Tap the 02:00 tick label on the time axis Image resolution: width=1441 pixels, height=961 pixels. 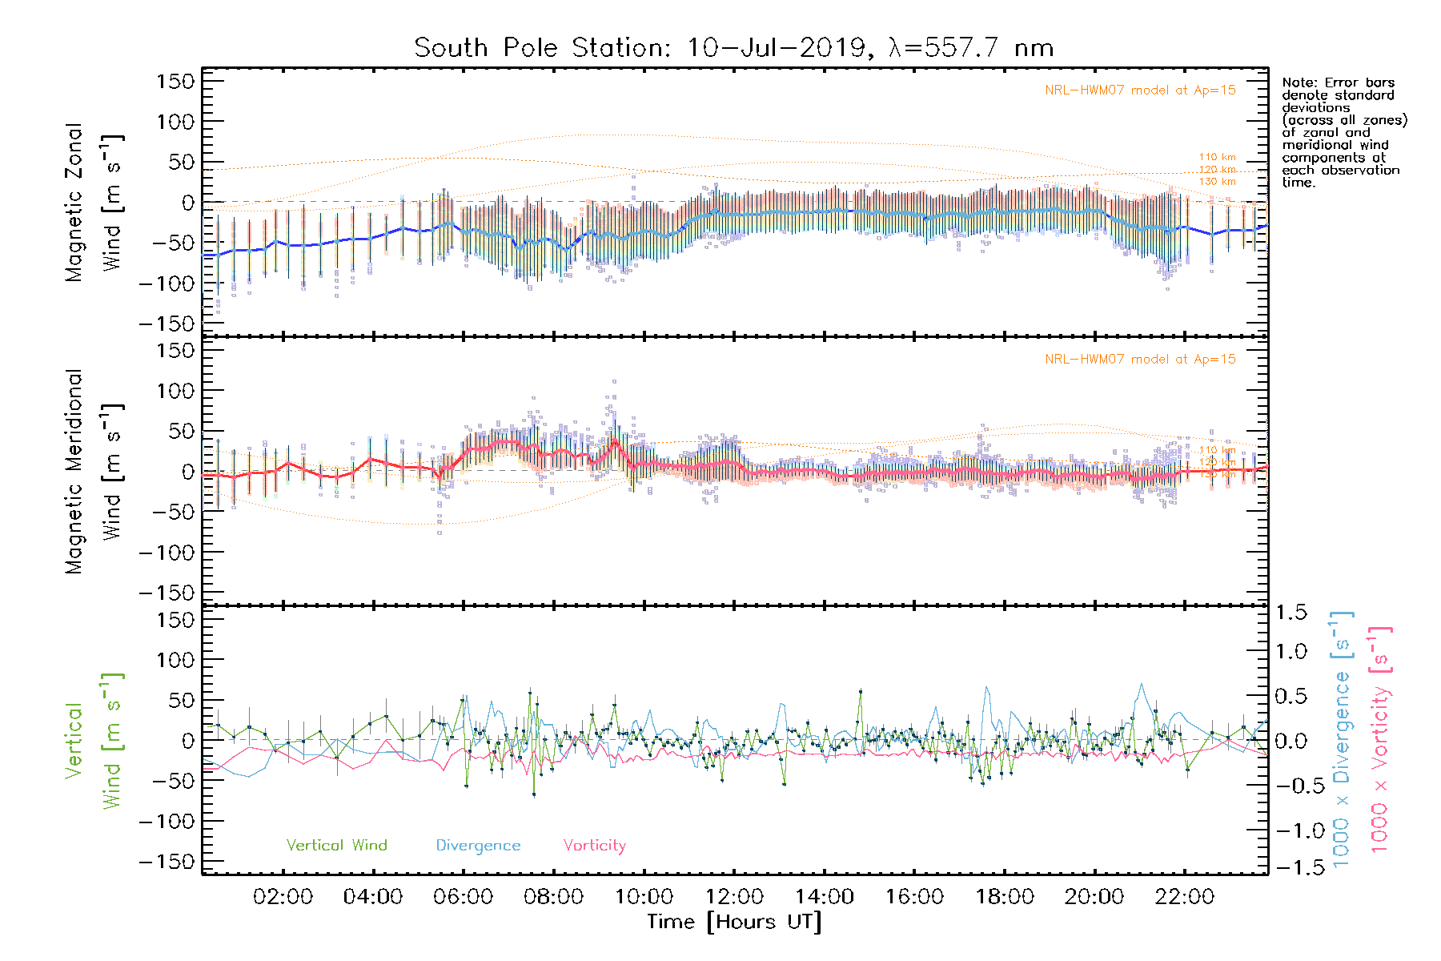point(283,897)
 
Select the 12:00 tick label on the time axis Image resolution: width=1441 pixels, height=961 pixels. point(734,897)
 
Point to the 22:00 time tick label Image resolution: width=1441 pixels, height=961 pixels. point(1184,897)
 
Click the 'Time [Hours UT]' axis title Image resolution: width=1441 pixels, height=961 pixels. point(734,922)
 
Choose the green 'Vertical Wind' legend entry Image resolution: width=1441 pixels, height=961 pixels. point(336,845)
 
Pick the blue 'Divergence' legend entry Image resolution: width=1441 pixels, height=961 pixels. point(478,845)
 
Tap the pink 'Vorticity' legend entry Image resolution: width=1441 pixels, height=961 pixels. point(594,845)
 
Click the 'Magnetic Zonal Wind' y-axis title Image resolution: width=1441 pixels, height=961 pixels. point(94,203)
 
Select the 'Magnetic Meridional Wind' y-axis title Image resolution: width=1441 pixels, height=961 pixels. point(94,472)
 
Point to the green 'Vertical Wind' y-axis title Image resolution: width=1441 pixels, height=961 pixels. point(94,741)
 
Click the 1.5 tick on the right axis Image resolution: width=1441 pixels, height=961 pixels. point(1290,613)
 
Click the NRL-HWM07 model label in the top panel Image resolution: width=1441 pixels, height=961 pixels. point(1140,90)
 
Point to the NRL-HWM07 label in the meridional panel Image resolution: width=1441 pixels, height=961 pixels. point(1140,360)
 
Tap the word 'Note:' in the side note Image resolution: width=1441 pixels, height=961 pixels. point(1299,82)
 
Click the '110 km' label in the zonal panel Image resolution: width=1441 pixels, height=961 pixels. point(1217,157)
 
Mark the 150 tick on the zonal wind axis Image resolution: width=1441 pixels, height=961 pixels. point(175,82)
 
